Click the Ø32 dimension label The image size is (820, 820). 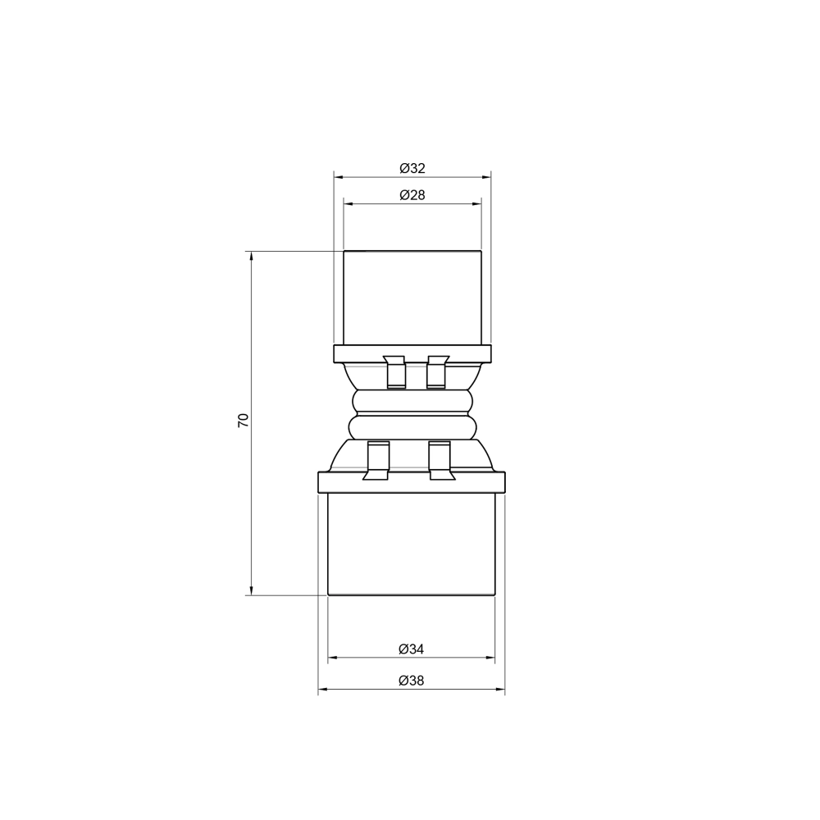pos(412,168)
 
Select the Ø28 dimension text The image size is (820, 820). pos(412,195)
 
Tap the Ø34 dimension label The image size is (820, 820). pos(412,649)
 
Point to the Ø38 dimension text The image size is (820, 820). pos(412,681)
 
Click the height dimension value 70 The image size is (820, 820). pos(243,421)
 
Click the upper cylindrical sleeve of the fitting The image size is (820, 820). pos(412,295)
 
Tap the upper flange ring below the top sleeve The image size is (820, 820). pos(412,354)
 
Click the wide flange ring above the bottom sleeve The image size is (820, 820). pos(412,482)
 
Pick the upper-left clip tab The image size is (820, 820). pos(394,372)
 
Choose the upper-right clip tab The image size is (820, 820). pos(437,372)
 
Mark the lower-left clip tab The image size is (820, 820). pos(377,461)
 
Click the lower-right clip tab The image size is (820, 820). pos(440,461)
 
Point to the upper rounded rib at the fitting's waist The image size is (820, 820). pos(412,401)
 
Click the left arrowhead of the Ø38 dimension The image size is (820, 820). pos(322,690)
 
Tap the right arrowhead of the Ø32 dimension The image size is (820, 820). pos(486,176)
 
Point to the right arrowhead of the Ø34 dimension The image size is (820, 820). pos(491,658)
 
